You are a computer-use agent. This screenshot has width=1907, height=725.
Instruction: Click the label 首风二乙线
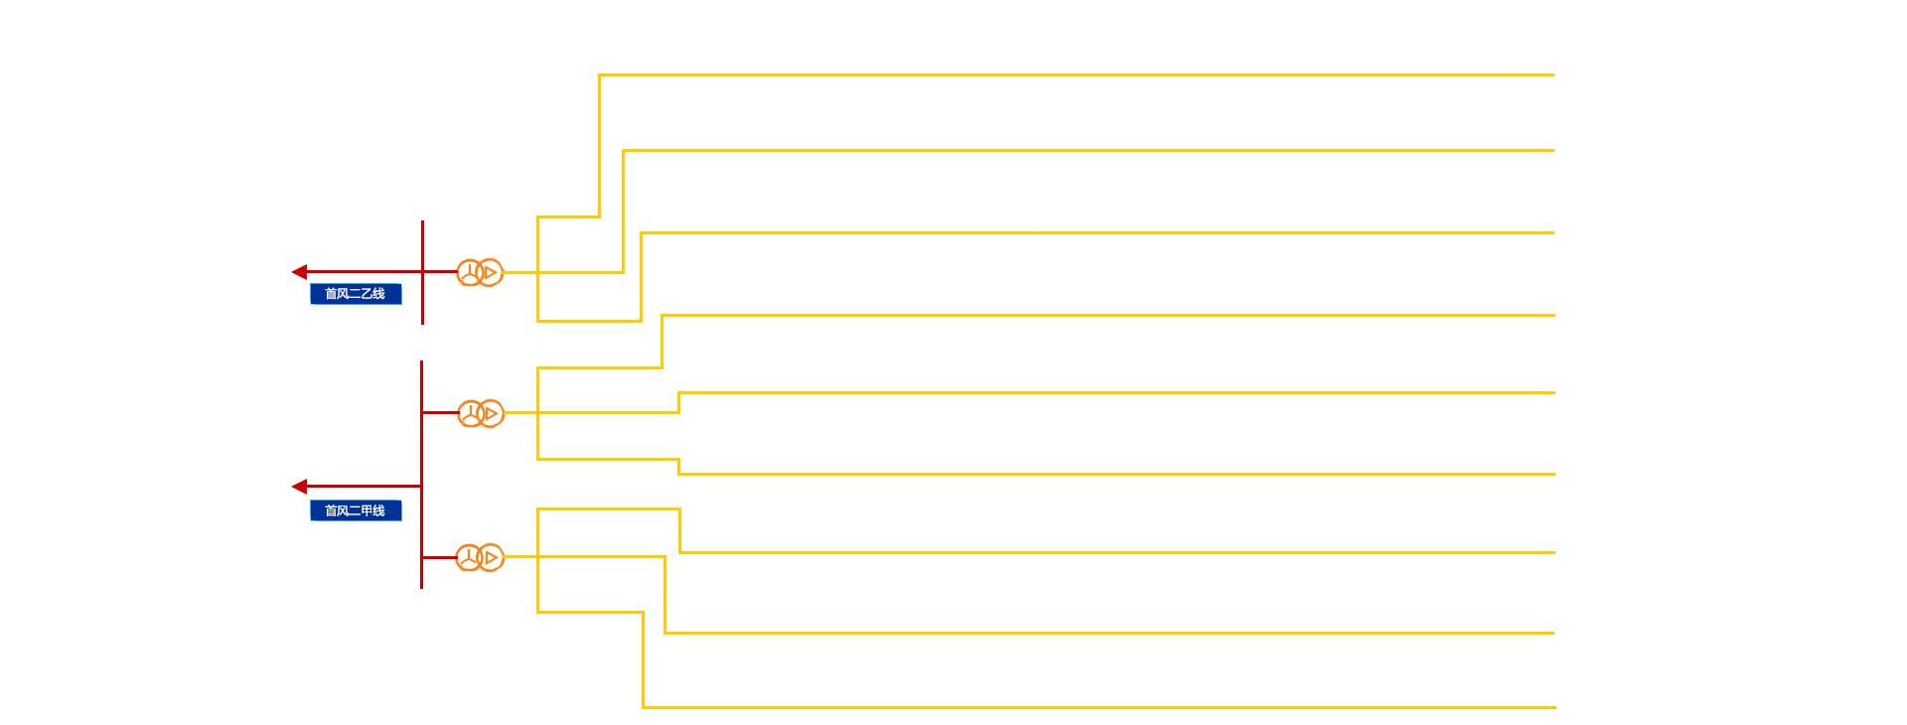356,294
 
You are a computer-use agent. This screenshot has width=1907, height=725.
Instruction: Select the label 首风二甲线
356,510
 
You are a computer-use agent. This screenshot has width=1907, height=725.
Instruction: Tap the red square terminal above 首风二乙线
299,272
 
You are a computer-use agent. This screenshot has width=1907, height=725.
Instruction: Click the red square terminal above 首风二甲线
299,487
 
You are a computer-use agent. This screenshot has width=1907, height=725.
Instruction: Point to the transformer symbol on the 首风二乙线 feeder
480,273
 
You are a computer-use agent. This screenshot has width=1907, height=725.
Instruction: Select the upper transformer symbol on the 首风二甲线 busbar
481,413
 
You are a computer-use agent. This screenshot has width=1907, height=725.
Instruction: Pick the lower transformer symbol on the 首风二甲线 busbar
481,558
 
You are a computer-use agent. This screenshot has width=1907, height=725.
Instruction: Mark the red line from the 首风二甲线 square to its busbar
364,487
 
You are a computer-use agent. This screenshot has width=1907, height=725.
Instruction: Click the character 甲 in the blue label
367,510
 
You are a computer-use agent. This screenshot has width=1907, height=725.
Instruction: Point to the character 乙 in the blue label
367,294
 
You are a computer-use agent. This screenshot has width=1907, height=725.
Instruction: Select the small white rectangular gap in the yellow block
611,196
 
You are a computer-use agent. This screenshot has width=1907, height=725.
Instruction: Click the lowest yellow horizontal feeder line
1093,707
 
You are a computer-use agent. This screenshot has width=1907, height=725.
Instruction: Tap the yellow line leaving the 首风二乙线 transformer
520,272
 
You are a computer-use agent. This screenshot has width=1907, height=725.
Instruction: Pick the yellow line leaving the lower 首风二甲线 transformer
521,557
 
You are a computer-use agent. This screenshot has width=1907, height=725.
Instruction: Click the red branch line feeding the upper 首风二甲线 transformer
438,412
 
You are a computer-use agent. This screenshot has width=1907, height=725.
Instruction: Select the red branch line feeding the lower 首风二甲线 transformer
437,558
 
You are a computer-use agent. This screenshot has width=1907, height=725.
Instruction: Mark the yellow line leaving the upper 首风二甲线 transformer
521,412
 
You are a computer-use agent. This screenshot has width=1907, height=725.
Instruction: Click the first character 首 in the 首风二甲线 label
331,510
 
